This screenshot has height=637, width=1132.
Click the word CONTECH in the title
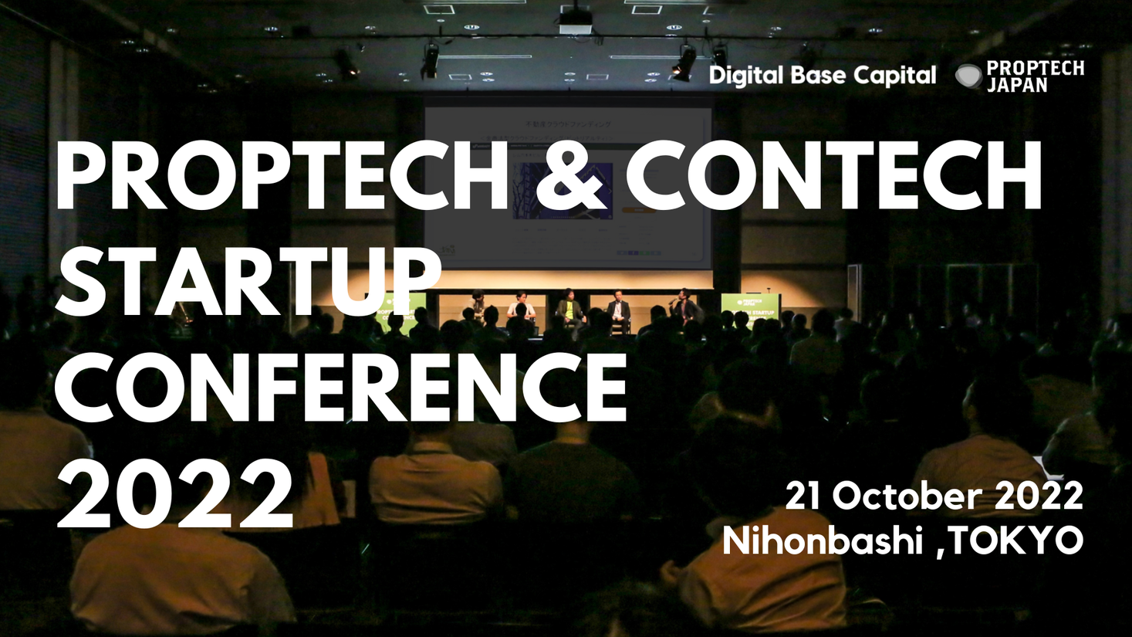833,176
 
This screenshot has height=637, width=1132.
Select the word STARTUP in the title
248,280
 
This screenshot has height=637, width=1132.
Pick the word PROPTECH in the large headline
279,176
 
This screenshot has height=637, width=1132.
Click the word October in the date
907,496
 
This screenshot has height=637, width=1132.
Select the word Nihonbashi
823,540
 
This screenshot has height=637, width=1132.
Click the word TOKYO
1015,540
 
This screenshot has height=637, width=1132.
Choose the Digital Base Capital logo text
822,76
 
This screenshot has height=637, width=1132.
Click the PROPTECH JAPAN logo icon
968,76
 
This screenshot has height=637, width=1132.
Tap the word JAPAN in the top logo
1017,86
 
